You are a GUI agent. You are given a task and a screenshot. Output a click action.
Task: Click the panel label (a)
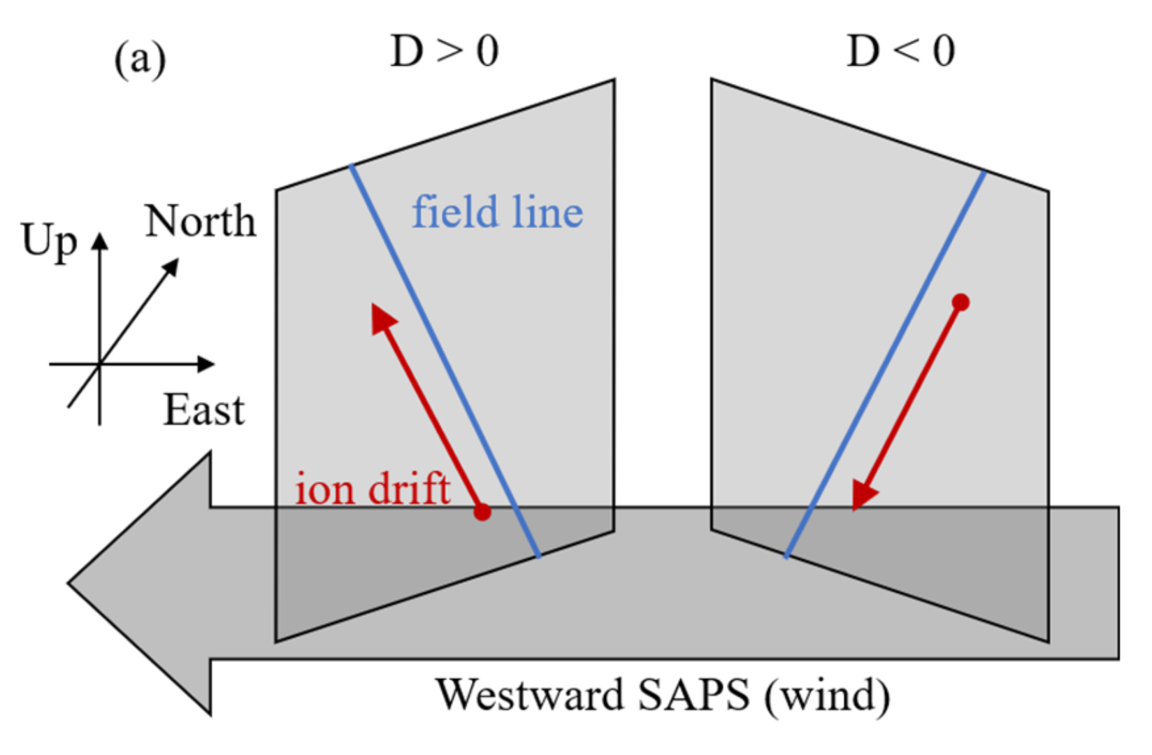(x=140, y=60)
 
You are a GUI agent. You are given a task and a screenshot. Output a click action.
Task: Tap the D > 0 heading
(x=445, y=52)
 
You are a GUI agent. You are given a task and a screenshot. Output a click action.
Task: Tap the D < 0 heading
(x=900, y=52)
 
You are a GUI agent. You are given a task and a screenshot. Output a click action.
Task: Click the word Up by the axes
(x=49, y=241)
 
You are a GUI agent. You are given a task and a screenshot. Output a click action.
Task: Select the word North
(x=201, y=222)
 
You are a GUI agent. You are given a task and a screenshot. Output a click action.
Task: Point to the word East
(x=203, y=410)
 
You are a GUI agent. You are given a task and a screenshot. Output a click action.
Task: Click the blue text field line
(x=497, y=213)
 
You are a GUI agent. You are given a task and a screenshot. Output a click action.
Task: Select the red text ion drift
(x=372, y=488)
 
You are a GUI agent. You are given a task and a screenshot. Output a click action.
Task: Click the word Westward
(x=530, y=695)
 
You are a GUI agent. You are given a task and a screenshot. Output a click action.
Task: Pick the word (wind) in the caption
(x=827, y=696)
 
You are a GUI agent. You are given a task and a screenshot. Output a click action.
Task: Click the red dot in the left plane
(x=482, y=512)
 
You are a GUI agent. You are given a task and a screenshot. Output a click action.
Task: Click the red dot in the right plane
(x=961, y=302)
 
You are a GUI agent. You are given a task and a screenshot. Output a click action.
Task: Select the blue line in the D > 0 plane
(x=445, y=360)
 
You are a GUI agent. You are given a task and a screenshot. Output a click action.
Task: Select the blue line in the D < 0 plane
(x=885, y=364)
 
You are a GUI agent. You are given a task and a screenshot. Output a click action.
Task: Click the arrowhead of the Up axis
(x=100, y=241)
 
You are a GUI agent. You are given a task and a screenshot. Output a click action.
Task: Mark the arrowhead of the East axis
(x=206, y=364)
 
